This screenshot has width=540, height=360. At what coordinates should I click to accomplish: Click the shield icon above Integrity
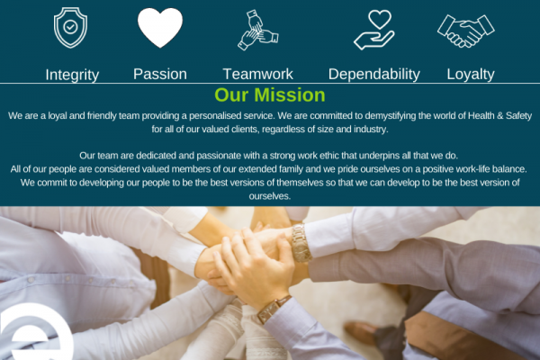pyautogui.click(x=70, y=28)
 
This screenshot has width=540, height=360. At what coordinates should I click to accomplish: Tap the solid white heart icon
pyautogui.click(x=160, y=28)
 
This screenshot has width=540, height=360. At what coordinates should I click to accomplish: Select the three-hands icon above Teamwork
pyautogui.click(x=258, y=30)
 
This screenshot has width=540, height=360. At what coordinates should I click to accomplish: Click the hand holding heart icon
pyautogui.click(x=374, y=30)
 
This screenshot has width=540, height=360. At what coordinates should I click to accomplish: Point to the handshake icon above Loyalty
pyautogui.click(x=465, y=31)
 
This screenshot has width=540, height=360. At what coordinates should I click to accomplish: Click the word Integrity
pyautogui.click(x=72, y=75)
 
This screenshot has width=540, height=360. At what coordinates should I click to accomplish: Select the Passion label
pyautogui.click(x=160, y=74)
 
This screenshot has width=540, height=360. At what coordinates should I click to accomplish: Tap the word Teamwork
pyautogui.click(x=258, y=74)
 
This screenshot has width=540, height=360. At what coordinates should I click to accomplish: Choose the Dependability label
pyautogui.click(x=374, y=75)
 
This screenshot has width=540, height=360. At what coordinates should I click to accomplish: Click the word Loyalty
pyautogui.click(x=471, y=75)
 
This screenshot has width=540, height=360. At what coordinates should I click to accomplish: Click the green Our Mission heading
pyautogui.click(x=270, y=95)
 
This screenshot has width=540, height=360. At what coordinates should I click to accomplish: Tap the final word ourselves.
pyautogui.click(x=270, y=196)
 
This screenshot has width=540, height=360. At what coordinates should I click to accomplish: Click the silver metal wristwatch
pyautogui.click(x=301, y=243)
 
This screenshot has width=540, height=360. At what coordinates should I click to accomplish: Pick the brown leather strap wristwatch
pyautogui.click(x=273, y=310)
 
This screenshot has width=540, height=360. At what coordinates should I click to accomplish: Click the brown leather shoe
pyautogui.click(x=361, y=333)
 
